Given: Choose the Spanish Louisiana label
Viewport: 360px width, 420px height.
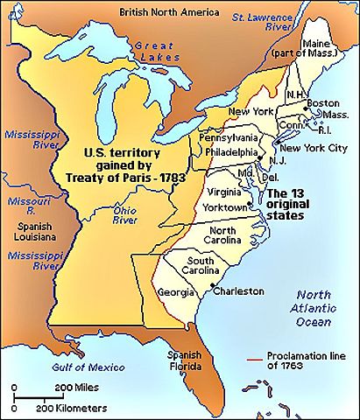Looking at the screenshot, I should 29,230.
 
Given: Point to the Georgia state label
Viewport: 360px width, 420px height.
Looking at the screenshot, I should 176,291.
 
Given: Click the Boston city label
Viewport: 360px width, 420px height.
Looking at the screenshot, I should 324,101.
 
